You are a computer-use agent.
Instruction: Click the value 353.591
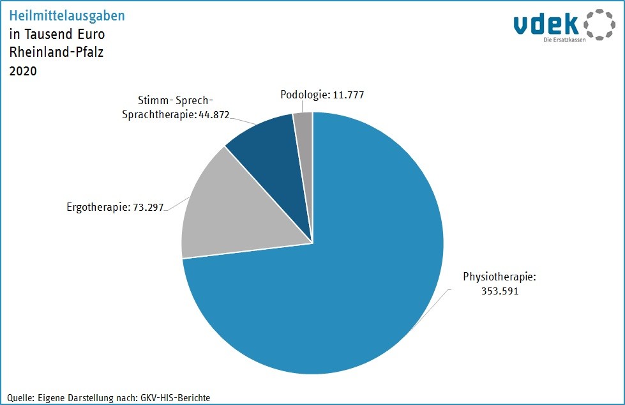[499, 291]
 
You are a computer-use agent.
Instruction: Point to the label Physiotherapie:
[499, 277]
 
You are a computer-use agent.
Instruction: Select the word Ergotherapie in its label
[97, 208]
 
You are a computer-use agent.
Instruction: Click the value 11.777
[348, 95]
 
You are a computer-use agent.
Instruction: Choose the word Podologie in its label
[303, 95]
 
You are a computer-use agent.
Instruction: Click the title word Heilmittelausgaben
[67, 16]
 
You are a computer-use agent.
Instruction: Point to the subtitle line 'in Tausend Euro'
[57, 34]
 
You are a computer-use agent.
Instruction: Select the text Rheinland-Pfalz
[56, 52]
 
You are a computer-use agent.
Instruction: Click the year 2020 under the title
[23, 71]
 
